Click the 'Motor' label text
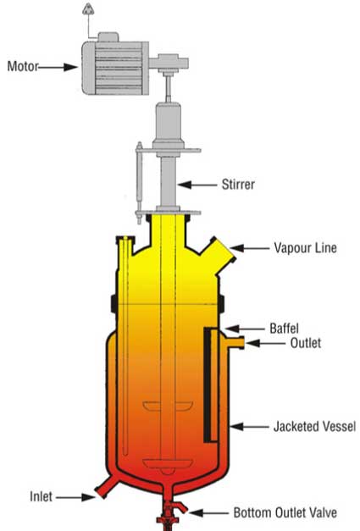pyautogui.click(x=23, y=66)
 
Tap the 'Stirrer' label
pyautogui.click(x=238, y=185)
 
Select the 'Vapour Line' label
pyautogui.click(x=305, y=248)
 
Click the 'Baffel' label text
pyautogui.click(x=284, y=328)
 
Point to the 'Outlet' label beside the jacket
pyautogui.click(x=306, y=343)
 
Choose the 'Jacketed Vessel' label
pyautogui.click(x=314, y=426)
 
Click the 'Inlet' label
pyautogui.click(x=41, y=497)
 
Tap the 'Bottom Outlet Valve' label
pyautogui.click(x=285, y=512)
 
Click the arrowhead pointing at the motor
pyautogui.click(x=71, y=67)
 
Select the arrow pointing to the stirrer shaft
pyautogui.click(x=197, y=185)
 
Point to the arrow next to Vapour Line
pyautogui.click(x=250, y=248)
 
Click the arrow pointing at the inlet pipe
pyautogui.click(x=75, y=497)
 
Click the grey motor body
pyautogui.click(x=115, y=68)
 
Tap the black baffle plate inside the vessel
pyautogui.click(x=207, y=384)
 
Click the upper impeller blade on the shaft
pyautogui.click(x=168, y=406)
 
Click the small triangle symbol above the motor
pyautogui.click(x=88, y=8)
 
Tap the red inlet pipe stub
pyautogui.click(x=106, y=486)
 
